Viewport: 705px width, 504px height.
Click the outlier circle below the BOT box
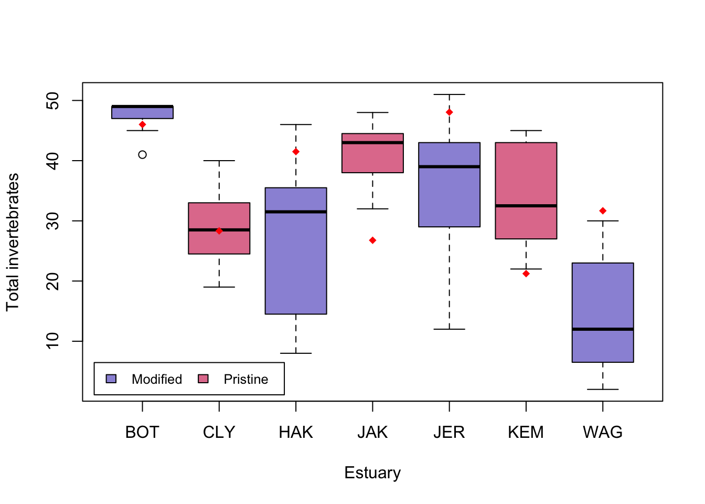click(x=142, y=154)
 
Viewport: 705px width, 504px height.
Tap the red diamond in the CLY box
click(x=219, y=231)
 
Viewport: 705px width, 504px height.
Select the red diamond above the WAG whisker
click(x=603, y=211)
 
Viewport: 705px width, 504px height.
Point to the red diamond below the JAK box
click(x=372, y=240)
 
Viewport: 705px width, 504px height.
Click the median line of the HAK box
click(x=296, y=212)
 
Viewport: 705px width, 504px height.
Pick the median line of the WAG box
click(x=603, y=329)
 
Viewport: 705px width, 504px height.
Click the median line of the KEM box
click(x=526, y=206)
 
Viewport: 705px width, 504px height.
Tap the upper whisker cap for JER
click(x=449, y=94)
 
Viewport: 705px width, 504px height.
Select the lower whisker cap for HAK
click(x=296, y=353)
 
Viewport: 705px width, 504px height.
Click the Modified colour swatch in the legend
click(x=111, y=379)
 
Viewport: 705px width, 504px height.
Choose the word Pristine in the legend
click(x=245, y=379)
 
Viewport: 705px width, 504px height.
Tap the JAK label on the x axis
click(x=372, y=432)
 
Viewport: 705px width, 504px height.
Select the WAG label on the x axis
click(x=603, y=432)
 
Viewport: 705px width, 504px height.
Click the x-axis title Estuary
click(x=372, y=472)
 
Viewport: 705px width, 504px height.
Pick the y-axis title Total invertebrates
click(x=13, y=242)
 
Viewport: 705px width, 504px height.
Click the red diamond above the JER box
click(x=449, y=112)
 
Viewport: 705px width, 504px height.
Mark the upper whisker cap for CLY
click(x=219, y=161)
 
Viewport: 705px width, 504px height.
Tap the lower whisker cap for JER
click(x=449, y=329)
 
